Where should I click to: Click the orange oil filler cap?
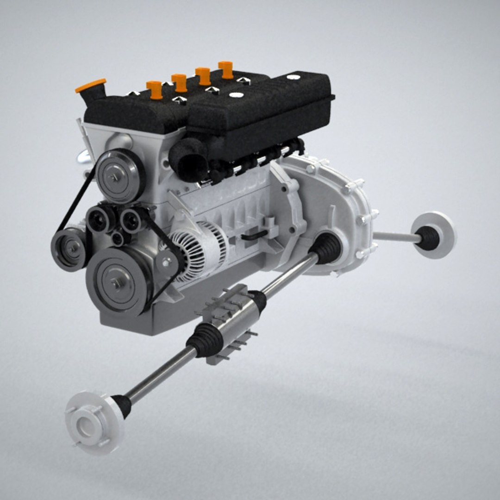[x=91, y=86]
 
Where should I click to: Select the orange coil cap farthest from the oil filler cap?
[x=226, y=69]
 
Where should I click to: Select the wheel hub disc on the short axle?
[x=435, y=234]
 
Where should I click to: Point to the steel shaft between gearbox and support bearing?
[x=290, y=276]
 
